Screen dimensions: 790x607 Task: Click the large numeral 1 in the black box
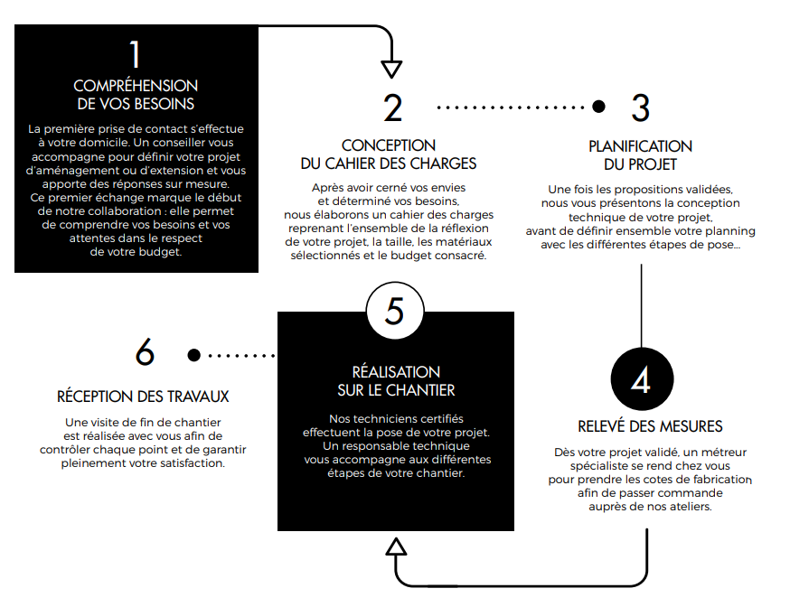click(x=135, y=54)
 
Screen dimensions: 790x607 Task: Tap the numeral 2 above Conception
click(x=393, y=107)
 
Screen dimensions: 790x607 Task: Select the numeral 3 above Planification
click(x=641, y=107)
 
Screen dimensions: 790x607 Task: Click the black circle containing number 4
click(x=642, y=378)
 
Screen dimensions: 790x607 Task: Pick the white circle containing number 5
click(x=395, y=311)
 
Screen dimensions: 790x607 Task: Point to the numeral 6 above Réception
click(x=145, y=351)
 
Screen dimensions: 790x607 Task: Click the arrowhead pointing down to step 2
click(x=391, y=69)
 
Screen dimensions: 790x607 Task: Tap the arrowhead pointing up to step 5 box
click(x=396, y=546)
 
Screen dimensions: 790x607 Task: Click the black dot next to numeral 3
click(x=598, y=107)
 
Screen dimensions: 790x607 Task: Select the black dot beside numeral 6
click(x=194, y=355)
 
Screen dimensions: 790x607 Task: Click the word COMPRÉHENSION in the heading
click(x=136, y=86)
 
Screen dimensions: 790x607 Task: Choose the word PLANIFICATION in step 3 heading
click(x=640, y=146)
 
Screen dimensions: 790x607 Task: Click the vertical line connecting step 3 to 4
click(x=642, y=305)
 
